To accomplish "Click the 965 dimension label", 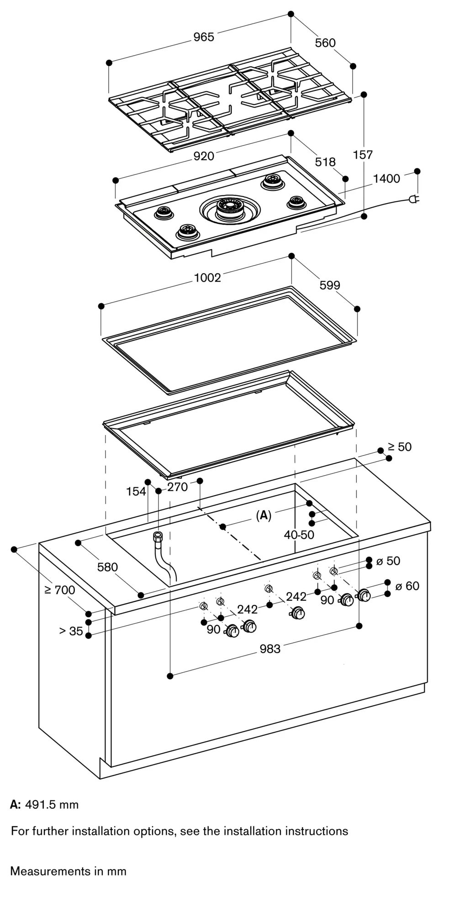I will (x=203, y=37).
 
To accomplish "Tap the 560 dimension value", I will (x=325, y=43).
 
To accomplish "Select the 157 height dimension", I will (x=363, y=155).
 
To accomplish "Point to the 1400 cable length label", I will (x=386, y=178).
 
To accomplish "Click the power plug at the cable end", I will (x=414, y=199).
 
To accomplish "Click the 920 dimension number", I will (x=204, y=156).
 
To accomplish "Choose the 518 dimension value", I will (x=325, y=162).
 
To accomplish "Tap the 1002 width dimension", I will (x=207, y=278).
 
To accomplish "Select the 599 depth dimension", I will (x=330, y=285).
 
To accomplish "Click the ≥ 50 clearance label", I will (x=400, y=447).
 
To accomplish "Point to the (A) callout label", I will (x=264, y=516).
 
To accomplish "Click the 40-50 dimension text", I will (x=299, y=535).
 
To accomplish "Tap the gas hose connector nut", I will (x=158, y=535).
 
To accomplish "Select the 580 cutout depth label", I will (x=107, y=567).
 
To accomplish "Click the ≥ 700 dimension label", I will (x=60, y=590).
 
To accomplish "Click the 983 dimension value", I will (x=270, y=648).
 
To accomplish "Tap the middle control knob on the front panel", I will (x=299, y=614).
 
